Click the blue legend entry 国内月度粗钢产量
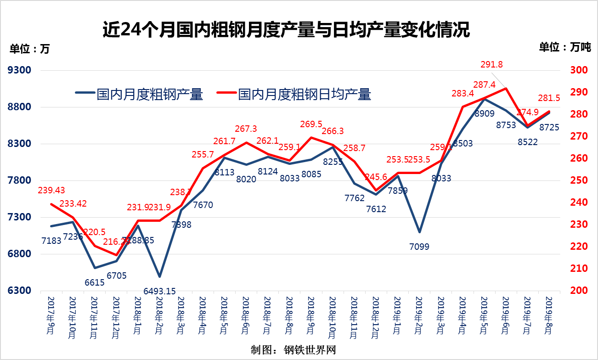pos(140,95)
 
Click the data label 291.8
pos(491,65)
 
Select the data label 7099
pos(419,247)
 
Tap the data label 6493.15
pos(159,291)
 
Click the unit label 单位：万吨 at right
pos(564,47)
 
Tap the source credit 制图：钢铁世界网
pos(293,349)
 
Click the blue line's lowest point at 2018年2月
pos(159,276)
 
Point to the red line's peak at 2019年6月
pos(506,88)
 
